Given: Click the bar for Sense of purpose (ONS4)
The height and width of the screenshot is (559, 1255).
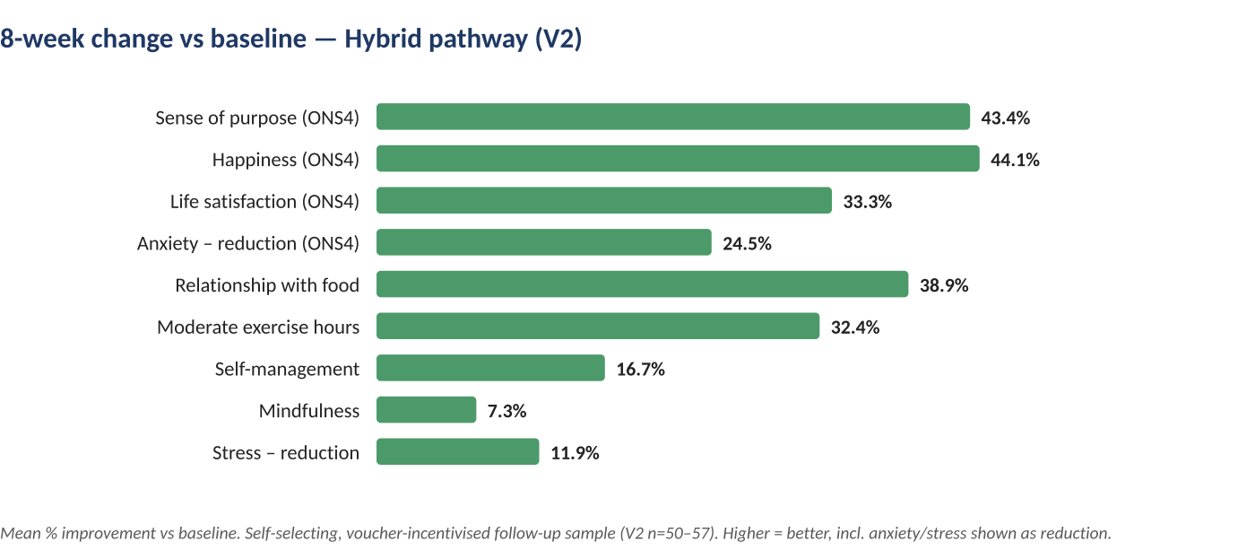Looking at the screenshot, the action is click(673, 117).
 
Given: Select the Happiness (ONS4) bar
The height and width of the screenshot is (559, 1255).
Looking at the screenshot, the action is click(678, 159).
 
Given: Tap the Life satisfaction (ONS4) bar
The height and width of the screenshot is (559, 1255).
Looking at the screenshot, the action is click(604, 200).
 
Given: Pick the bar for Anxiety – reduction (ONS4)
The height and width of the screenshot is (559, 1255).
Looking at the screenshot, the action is click(544, 242).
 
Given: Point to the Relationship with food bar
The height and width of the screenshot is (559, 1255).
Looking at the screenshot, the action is click(642, 284).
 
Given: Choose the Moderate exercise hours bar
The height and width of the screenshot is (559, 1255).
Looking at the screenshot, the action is click(598, 326).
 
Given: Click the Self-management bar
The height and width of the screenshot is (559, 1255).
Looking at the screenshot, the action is click(491, 368).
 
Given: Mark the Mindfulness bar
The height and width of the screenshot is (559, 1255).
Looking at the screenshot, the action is click(427, 410).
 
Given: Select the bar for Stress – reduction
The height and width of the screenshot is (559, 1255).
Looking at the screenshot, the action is click(458, 451).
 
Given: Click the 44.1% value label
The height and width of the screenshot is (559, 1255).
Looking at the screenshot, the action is click(1015, 160).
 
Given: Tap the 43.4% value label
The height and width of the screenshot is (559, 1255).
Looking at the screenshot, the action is click(1005, 118).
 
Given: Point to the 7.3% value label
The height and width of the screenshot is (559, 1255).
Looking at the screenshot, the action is click(507, 411).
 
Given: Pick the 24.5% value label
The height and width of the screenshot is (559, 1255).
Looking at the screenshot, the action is click(747, 243).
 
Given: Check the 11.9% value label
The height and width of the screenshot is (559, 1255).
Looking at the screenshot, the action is click(575, 452).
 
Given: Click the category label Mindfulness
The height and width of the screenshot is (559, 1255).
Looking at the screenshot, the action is click(309, 411).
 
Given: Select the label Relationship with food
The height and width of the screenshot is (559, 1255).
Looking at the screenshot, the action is click(267, 285).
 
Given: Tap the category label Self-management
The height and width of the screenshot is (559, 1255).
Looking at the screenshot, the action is click(288, 370).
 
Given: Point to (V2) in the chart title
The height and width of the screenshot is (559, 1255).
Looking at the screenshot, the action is click(558, 39).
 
